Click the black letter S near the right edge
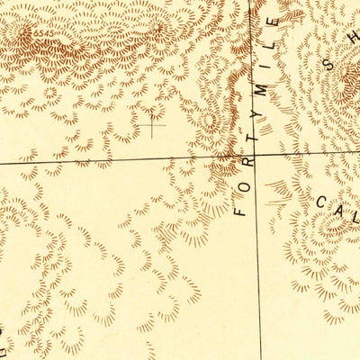(x=338, y=65)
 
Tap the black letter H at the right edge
(x=354, y=36)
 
